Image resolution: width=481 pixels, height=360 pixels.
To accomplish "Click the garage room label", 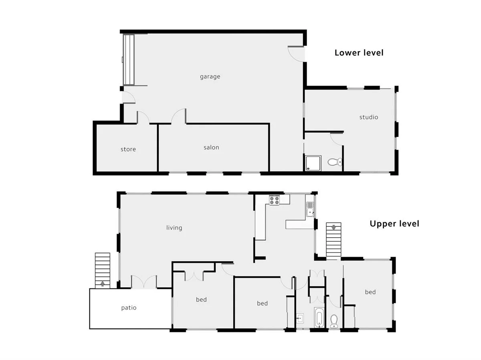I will (210, 76).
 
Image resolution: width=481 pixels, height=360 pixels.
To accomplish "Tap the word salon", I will (211, 147).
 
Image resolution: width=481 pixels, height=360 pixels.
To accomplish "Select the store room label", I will (128, 149).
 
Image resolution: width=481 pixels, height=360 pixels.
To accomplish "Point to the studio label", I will (368, 117).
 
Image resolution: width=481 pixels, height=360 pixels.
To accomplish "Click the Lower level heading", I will (359, 52).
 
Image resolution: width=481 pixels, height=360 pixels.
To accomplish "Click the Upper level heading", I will (394, 224).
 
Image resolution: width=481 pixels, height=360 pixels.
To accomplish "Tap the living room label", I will (174, 228).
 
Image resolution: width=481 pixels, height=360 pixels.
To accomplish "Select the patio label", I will (129, 308).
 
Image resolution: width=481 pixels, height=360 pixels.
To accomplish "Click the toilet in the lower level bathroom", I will (334, 162).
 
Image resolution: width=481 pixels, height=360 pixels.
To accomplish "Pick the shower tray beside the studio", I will (313, 163).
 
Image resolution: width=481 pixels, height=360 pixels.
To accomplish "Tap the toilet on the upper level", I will (334, 320).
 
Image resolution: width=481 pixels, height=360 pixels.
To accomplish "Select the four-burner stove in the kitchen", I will (275, 200).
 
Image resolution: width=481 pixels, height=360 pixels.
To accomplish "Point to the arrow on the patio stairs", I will (103, 284).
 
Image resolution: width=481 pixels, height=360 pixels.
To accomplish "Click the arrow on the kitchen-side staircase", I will (333, 228).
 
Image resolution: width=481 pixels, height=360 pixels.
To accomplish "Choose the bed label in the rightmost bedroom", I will (370, 292).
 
